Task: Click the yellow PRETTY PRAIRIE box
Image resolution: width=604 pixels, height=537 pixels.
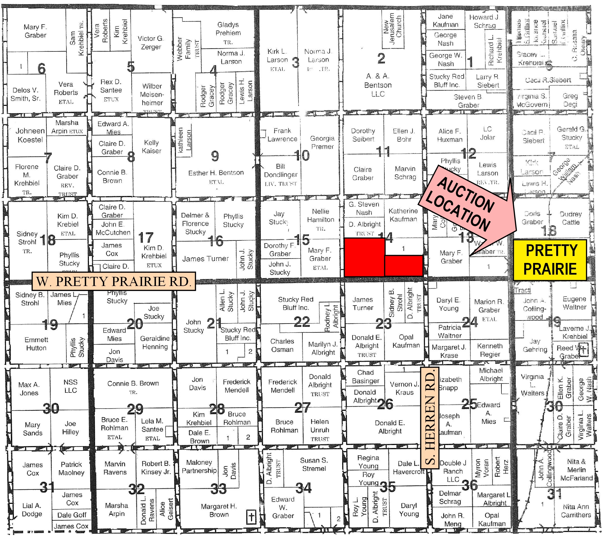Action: pyautogui.click(x=550, y=260)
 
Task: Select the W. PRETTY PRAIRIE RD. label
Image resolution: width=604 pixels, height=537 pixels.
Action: pyautogui.click(x=113, y=281)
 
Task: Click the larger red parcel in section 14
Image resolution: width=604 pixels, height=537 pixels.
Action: pyautogui.click(x=364, y=257)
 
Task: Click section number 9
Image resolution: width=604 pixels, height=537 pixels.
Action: pyautogui.click(x=215, y=156)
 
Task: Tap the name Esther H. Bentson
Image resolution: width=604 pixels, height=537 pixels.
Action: pyautogui.click(x=216, y=173)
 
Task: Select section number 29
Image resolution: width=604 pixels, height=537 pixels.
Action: pyautogui.click(x=135, y=409)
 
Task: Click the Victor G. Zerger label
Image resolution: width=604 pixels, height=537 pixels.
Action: pyautogui.click(x=151, y=43)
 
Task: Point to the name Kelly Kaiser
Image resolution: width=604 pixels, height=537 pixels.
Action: pyautogui.click(x=151, y=146)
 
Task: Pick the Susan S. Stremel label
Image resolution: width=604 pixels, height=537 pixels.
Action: pyautogui.click(x=314, y=464)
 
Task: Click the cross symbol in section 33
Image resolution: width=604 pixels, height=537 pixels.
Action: pyautogui.click(x=251, y=517)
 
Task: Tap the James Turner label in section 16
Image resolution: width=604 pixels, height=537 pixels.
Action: pyautogui.click(x=205, y=259)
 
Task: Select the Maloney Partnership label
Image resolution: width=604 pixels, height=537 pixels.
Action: pyautogui.click(x=199, y=466)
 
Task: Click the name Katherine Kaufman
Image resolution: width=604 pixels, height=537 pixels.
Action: pyautogui.click(x=403, y=215)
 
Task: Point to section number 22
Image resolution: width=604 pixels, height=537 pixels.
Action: pyautogui.click(x=301, y=322)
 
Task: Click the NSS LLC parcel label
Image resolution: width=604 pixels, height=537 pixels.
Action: pyautogui.click(x=70, y=386)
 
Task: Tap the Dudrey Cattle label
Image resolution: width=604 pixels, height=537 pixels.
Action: pyautogui.click(x=570, y=218)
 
